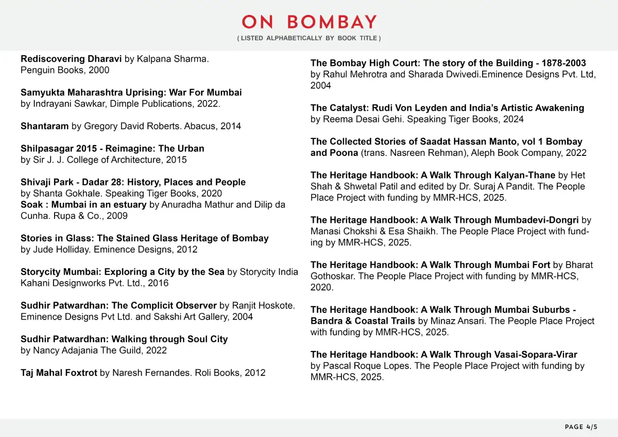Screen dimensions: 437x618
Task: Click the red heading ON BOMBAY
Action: click(309, 22)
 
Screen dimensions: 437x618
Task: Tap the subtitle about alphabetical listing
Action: click(309, 39)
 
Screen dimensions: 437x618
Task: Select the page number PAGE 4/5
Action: click(581, 427)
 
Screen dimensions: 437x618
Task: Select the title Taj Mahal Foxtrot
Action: click(59, 373)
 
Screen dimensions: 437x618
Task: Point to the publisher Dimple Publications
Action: click(154, 103)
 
